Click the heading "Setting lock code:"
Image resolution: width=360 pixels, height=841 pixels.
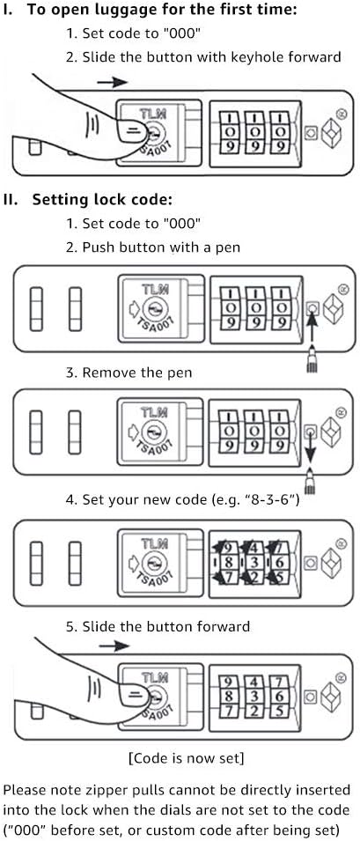[x=102, y=200]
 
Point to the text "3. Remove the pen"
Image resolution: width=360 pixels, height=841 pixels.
[x=129, y=373]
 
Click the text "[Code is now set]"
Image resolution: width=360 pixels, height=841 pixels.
[x=187, y=758]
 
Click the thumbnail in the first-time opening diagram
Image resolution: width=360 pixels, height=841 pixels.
[x=130, y=130]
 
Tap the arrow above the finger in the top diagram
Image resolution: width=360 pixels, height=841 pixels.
[x=113, y=82]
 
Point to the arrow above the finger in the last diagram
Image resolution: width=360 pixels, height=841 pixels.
[x=114, y=646]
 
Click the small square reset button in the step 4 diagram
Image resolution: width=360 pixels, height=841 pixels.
[x=311, y=564]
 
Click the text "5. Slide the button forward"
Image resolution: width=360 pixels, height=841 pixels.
[x=158, y=626]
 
